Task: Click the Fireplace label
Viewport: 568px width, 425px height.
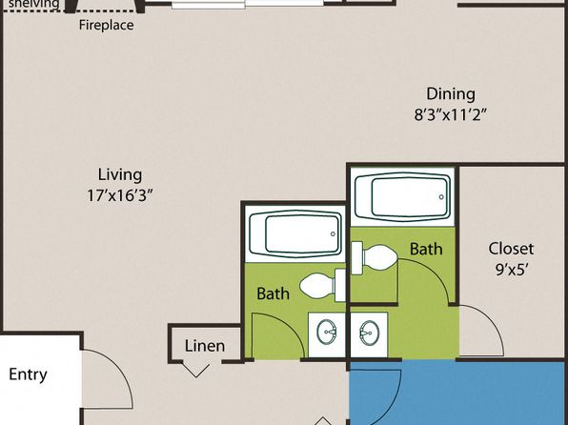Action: point(106,25)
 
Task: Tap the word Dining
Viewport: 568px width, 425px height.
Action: point(451,93)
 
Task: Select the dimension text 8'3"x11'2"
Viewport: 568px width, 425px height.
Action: point(450,115)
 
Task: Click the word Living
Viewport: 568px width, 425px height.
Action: point(120,175)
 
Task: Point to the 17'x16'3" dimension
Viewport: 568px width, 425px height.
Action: point(120,195)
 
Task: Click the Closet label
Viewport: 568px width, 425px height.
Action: point(511,249)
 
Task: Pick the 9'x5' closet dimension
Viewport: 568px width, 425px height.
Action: point(511,270)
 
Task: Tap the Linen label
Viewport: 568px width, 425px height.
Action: point(205,346)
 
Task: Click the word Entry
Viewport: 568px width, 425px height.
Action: point(28,374)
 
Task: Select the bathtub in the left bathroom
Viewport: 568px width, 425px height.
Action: point(295,234)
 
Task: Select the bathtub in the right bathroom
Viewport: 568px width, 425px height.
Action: point(403,196)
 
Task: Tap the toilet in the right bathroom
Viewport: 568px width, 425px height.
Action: point(375,258)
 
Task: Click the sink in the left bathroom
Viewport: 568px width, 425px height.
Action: point(326,332)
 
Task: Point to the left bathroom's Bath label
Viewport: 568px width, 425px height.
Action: point(274,293)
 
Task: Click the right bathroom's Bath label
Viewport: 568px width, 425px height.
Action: point(426,249)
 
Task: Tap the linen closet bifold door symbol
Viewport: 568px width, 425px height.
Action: point(195,370)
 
